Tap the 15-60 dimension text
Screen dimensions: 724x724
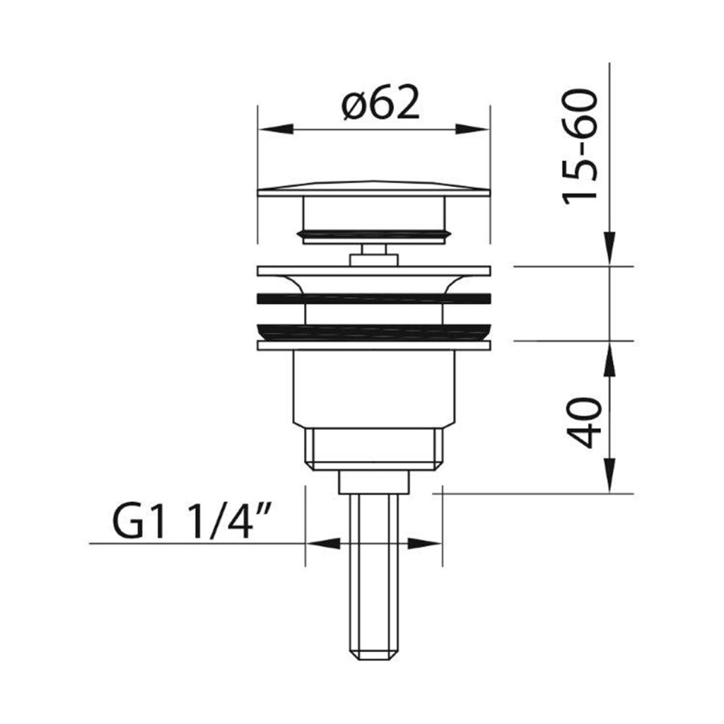[x=581, y=147]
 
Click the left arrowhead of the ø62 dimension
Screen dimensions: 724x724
[x=276, y=129]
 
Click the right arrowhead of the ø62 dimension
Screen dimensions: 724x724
[x=473, y=129]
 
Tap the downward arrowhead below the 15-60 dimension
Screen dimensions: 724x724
[x=610, y=249]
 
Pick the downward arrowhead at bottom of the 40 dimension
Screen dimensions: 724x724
[x=610, y=475]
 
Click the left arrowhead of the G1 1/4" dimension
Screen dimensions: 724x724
[x=323, y=544]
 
